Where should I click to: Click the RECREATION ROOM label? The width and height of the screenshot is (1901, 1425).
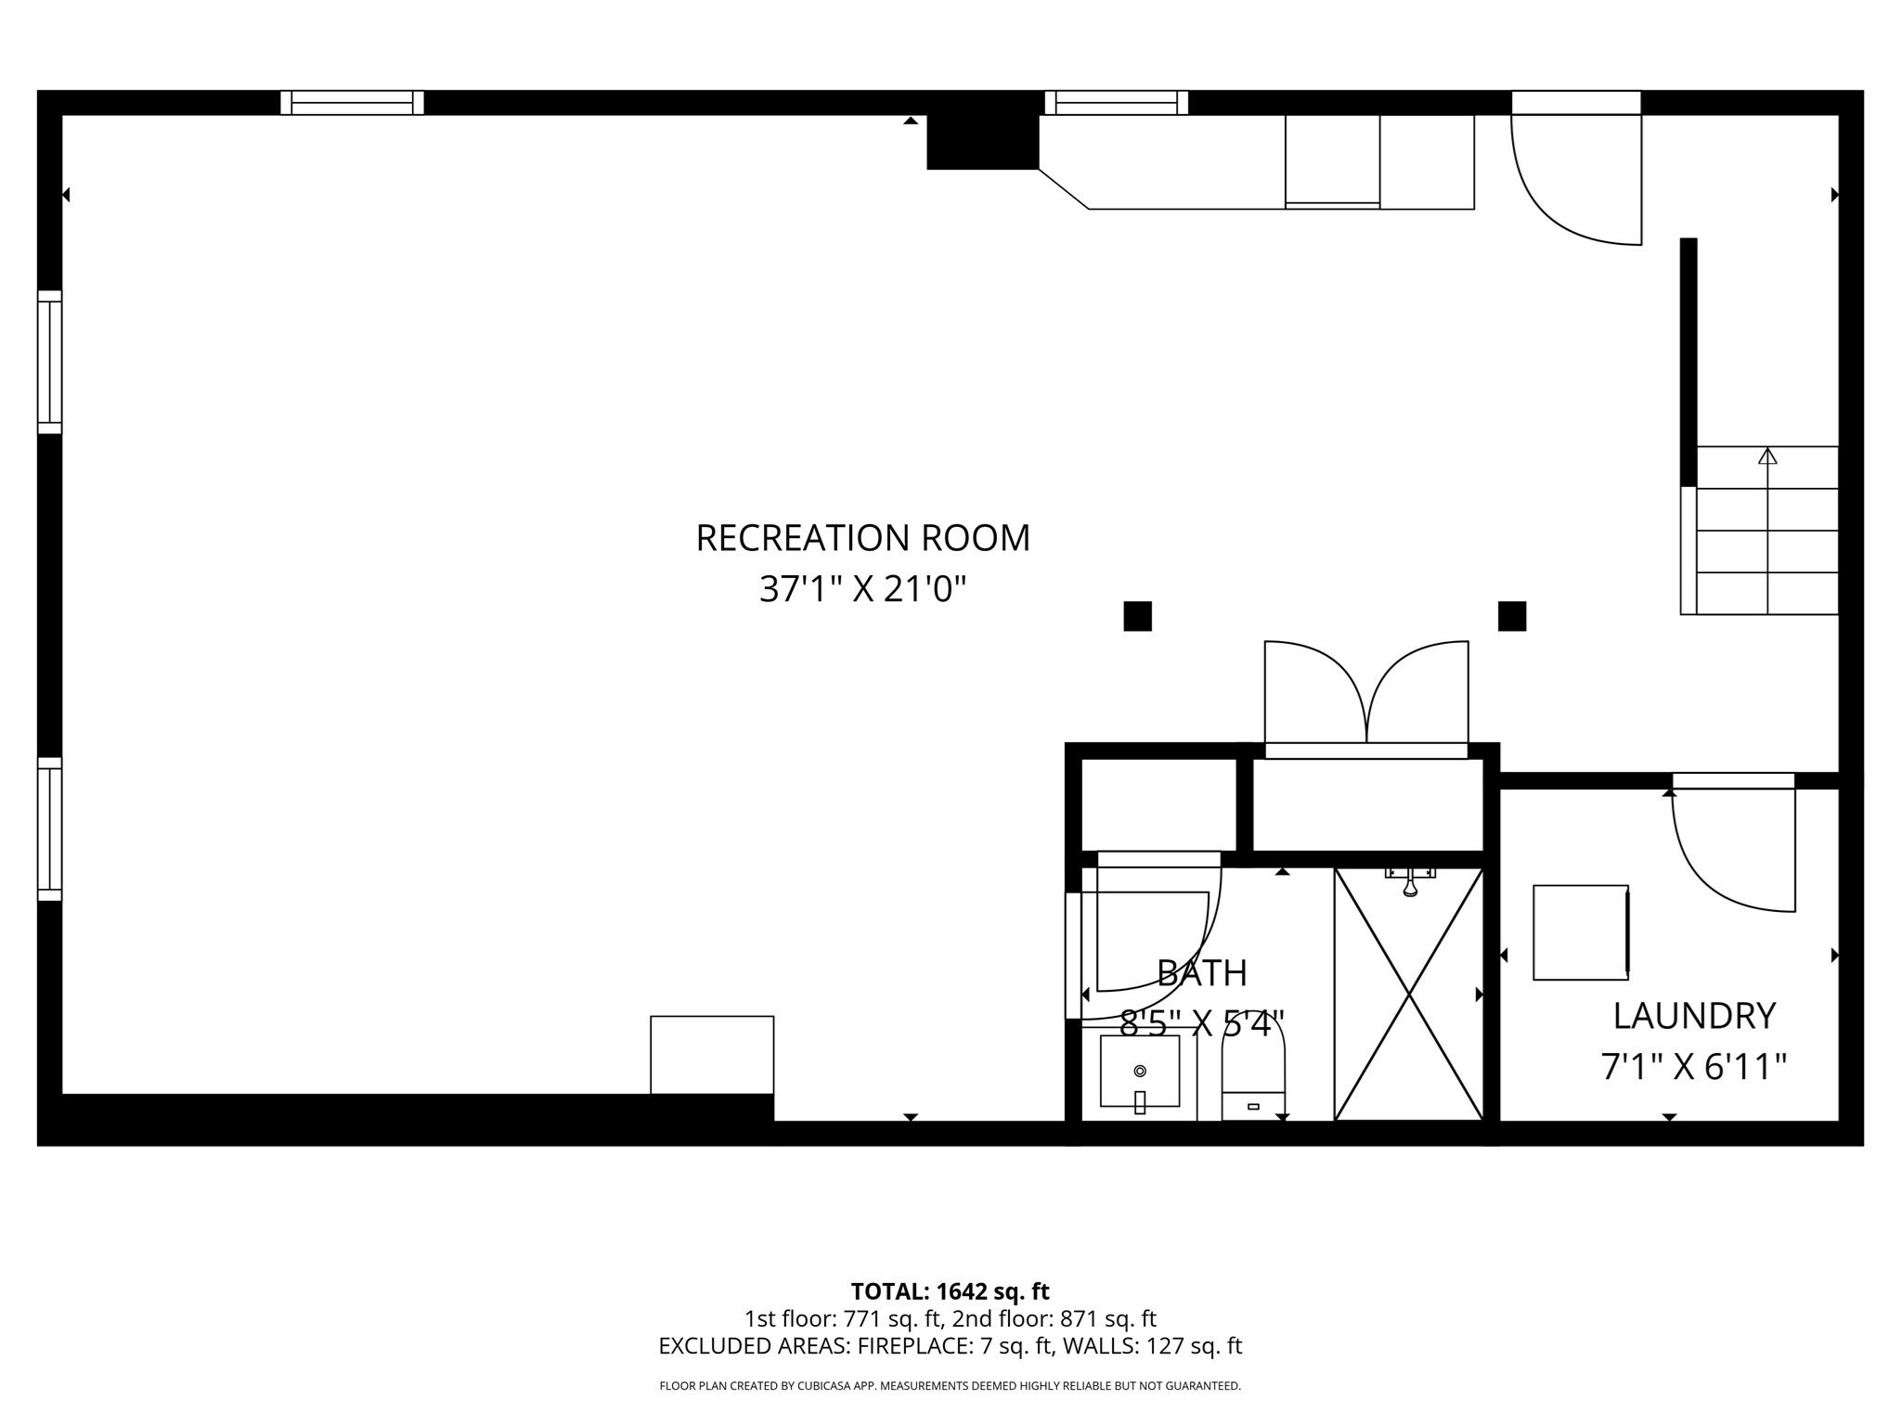click(862, 538)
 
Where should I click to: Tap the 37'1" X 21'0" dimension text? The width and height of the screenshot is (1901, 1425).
click(862, 588)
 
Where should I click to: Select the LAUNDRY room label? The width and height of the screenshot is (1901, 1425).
click(1694, 1016)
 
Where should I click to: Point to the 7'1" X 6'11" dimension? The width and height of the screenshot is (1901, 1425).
click(1694, 1066)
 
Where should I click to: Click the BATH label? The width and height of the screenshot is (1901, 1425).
click(1201, 973)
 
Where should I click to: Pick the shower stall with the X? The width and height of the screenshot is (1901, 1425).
click(1408, 995)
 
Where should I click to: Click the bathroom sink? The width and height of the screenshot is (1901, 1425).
click(1140, 1072)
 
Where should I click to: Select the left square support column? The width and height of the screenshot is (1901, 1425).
click(1137, 616)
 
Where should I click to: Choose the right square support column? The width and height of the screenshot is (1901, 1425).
click(1512, 616)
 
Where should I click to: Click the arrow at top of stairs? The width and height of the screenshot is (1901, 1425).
click(1767, 456)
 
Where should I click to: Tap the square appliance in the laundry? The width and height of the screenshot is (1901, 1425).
click(1580, 932)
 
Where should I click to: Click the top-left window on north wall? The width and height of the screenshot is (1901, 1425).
click(352, 102)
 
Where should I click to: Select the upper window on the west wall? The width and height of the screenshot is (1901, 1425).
click(49, 362)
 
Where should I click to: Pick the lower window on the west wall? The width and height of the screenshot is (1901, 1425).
click(49, 828)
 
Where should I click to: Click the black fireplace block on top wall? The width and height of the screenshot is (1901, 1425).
click(982, 142)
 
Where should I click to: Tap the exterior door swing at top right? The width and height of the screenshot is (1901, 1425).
click(1576, 176)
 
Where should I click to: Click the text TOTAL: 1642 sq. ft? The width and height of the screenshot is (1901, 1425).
click(950, 1291)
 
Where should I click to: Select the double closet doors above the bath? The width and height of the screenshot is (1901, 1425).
click(1366, 696)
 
